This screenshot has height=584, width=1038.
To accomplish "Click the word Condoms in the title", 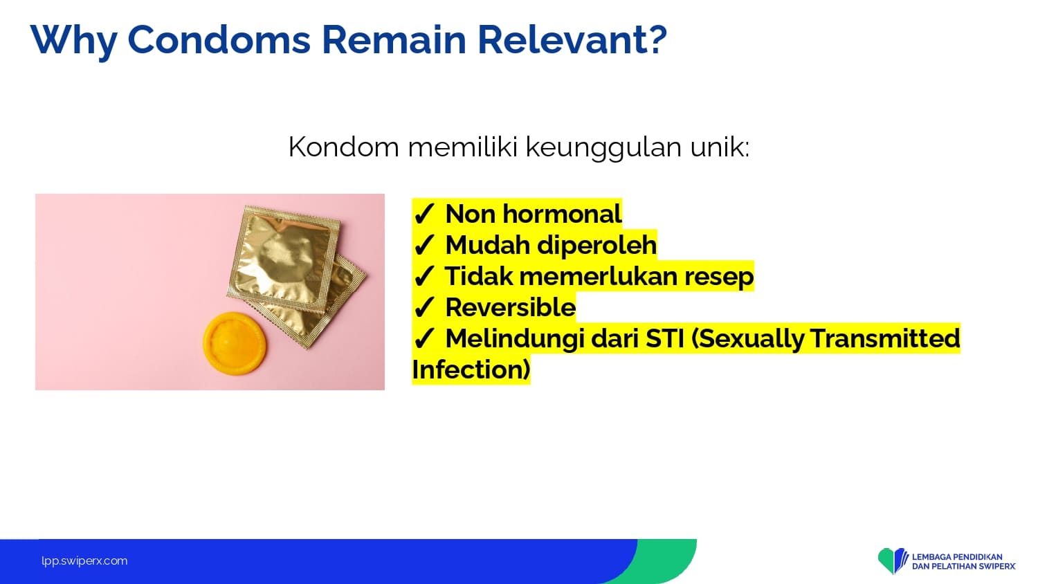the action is [x=219, y=40].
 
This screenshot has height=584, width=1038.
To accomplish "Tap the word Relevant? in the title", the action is [x=572, y=40].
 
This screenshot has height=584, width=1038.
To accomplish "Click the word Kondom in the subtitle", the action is [x=343, y=147].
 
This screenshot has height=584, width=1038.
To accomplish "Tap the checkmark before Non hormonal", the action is [x=424, y=214].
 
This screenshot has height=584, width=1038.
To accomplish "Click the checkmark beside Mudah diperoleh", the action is [x=424, y=245].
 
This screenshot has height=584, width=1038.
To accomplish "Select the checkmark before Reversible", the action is [x=424, y=307].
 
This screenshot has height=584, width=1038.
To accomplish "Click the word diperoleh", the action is [x=597, y=245].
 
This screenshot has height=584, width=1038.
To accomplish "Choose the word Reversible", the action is [x=510, y=307].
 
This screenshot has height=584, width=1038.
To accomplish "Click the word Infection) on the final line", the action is [x=471, y=369].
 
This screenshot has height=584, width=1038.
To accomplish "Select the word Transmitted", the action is [x=885, y=338].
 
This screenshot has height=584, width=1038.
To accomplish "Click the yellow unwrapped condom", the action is [x=235, y=343].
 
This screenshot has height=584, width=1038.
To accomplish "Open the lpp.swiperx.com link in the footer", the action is [x=84, y=561].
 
